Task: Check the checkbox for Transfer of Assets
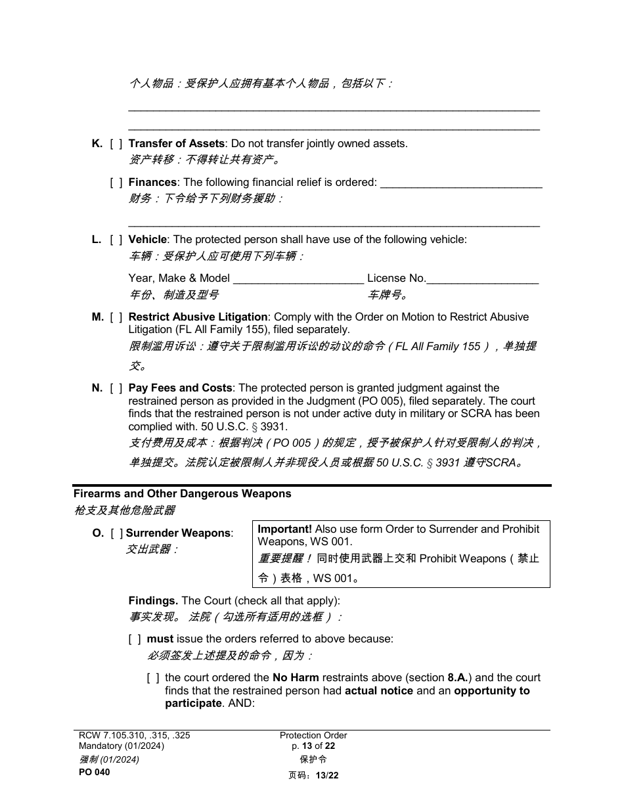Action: pyautogui.click(x=116, y=144)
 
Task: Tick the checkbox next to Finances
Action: pyautogui.click(x=116, y=183)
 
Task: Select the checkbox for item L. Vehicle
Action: pyautogui.click(x=116, y=240)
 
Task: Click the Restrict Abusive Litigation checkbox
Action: pyautogui.click(x=116, y=317)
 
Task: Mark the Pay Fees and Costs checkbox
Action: pyautogui.click(x=116, y=388)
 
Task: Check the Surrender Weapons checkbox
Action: pyautogui.click(x=117, y=533)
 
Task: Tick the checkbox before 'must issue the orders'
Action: pyautogui.click(x=134, y=639)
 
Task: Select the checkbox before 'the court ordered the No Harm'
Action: pyautogui.click(x=152, y=678)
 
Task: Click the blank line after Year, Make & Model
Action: pyautogui.click(x=298, y=279)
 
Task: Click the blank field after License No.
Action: pyautogui.click(x=482, y=279)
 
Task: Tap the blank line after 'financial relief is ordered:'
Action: pyautogui.click(x=461, y=183)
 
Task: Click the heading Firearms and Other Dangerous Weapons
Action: pyautogui.click(x=182, y=494)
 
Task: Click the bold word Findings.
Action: pyautogui.click(x=153, y=601)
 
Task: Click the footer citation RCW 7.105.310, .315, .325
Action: pyautogui.click(x=134, y=736)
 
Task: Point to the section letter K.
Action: pyautogui.click(x=97, y=144)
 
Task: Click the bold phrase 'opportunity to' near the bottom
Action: pyautogui.click(x=491, y=691)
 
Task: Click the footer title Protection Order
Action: pyautogui.click(x=313, y=736)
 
